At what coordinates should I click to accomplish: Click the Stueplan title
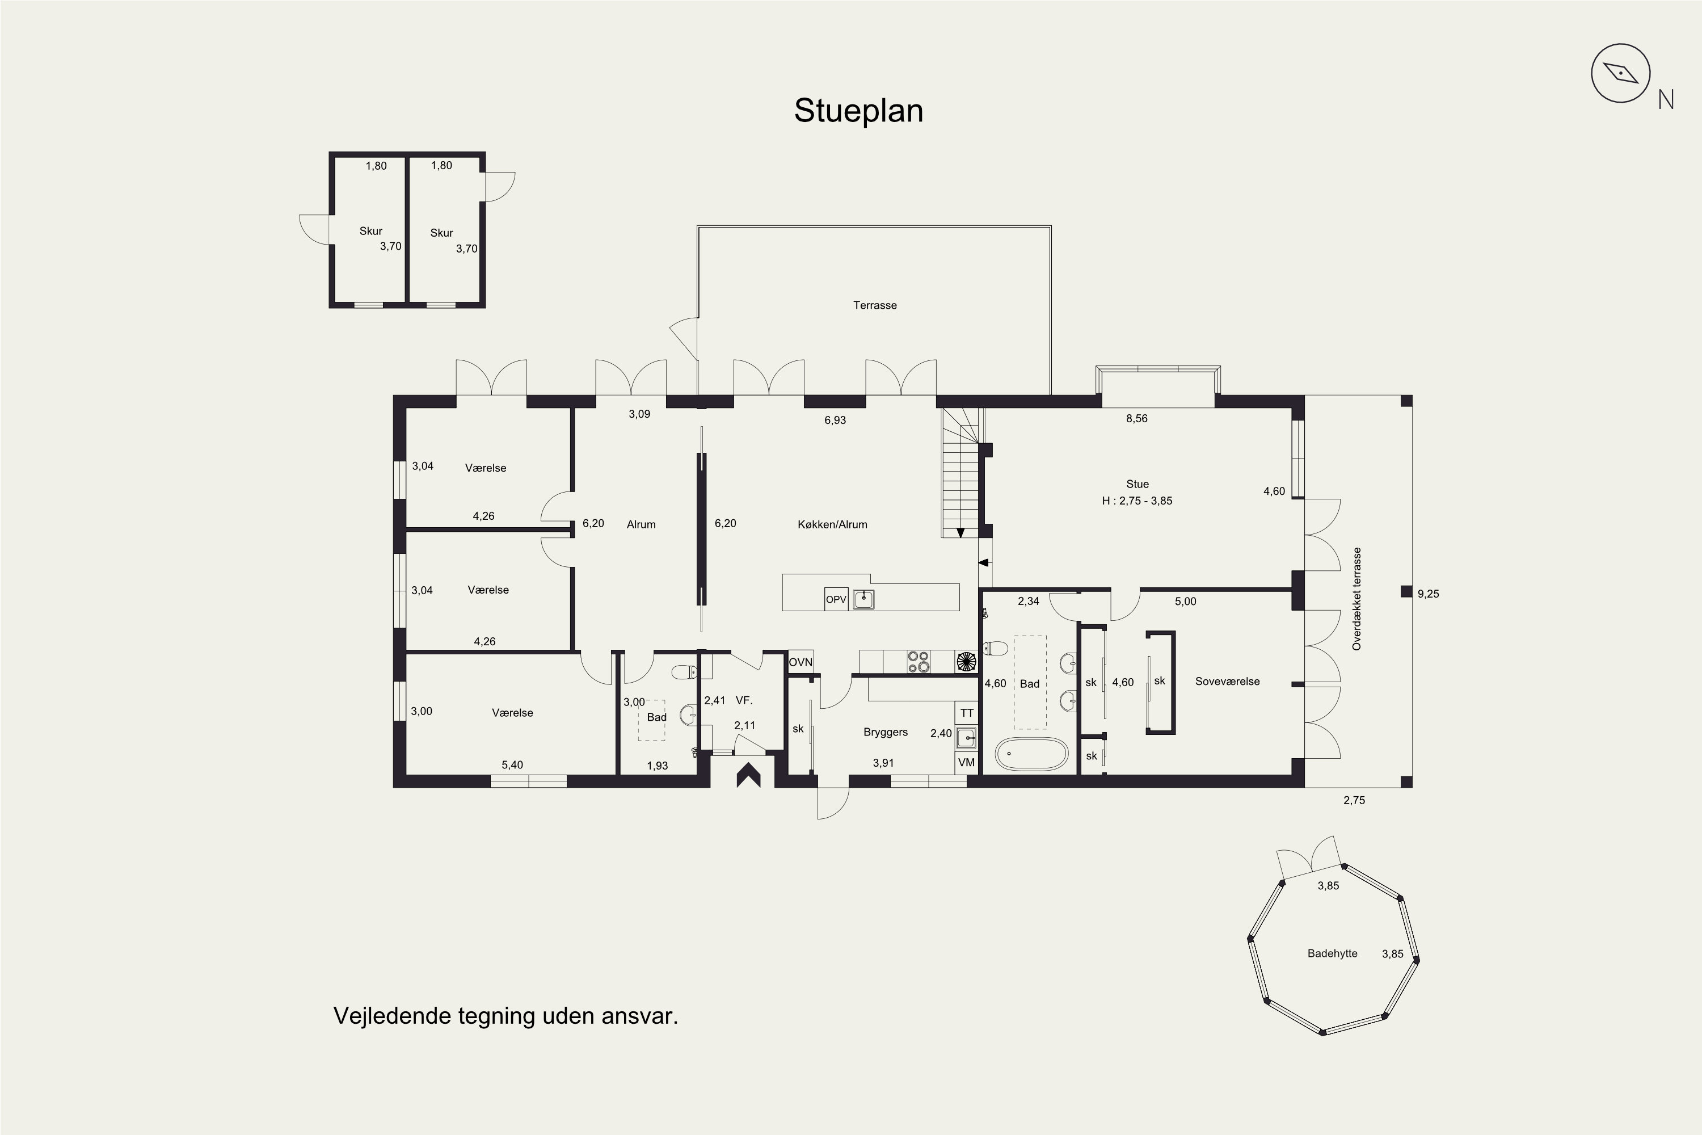(858, 111)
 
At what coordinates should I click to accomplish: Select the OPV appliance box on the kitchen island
(836, 599)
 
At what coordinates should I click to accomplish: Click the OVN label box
(801, 662)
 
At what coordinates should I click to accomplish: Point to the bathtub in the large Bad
(1031, 754)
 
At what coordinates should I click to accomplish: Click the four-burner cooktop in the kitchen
(919, 662)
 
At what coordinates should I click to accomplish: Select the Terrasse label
(875, 305)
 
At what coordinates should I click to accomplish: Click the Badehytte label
(1332, 953)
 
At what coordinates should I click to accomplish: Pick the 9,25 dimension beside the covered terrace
(1429, 594)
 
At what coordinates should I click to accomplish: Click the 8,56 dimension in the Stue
(1137, 418)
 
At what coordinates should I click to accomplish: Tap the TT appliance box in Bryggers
(967, 713)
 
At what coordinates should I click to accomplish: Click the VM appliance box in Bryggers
(967, 762)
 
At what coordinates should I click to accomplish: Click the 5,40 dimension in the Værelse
(512, 764)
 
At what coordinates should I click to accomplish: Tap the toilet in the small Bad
(684, 672)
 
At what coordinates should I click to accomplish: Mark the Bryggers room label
(886, 732)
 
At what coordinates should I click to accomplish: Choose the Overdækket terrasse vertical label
(1357, 599)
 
